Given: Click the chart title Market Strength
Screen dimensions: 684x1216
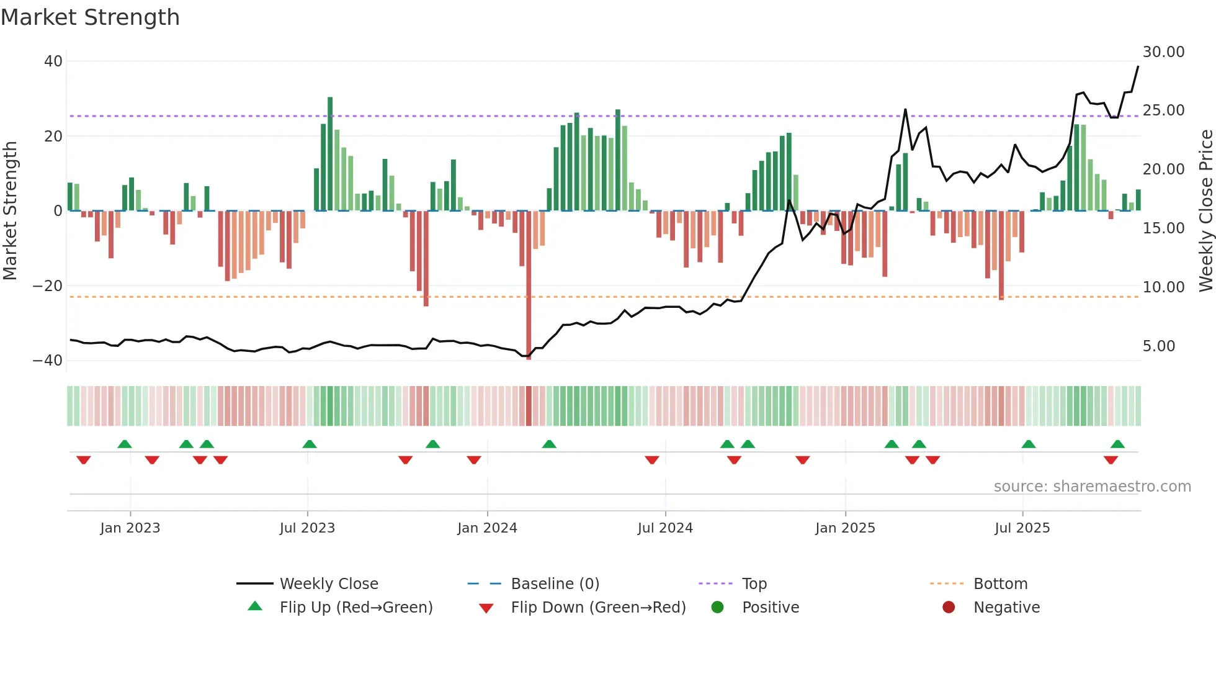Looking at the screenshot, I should coord(90,17).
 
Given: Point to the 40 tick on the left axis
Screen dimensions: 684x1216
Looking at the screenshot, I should coord(53,61).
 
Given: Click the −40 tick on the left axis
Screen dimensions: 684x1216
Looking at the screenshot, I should coord(48,361).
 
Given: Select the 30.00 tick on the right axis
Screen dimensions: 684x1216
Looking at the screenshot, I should coord(1163,52).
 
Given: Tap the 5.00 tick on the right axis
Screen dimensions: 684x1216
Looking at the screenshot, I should coord(1158,346).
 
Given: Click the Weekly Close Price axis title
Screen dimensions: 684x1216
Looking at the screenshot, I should coord(1205,211).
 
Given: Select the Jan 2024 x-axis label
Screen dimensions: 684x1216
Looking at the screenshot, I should coord(487,528).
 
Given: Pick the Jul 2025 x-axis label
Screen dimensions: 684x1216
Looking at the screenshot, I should coord(1022,528).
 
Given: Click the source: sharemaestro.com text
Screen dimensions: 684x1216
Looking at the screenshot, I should coord(1092,487).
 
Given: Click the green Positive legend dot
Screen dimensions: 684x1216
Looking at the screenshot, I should coord(717,608).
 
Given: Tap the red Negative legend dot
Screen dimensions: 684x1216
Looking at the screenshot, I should coord(949,608).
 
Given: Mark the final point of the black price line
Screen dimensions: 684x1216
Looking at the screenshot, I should coord(1138,66).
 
